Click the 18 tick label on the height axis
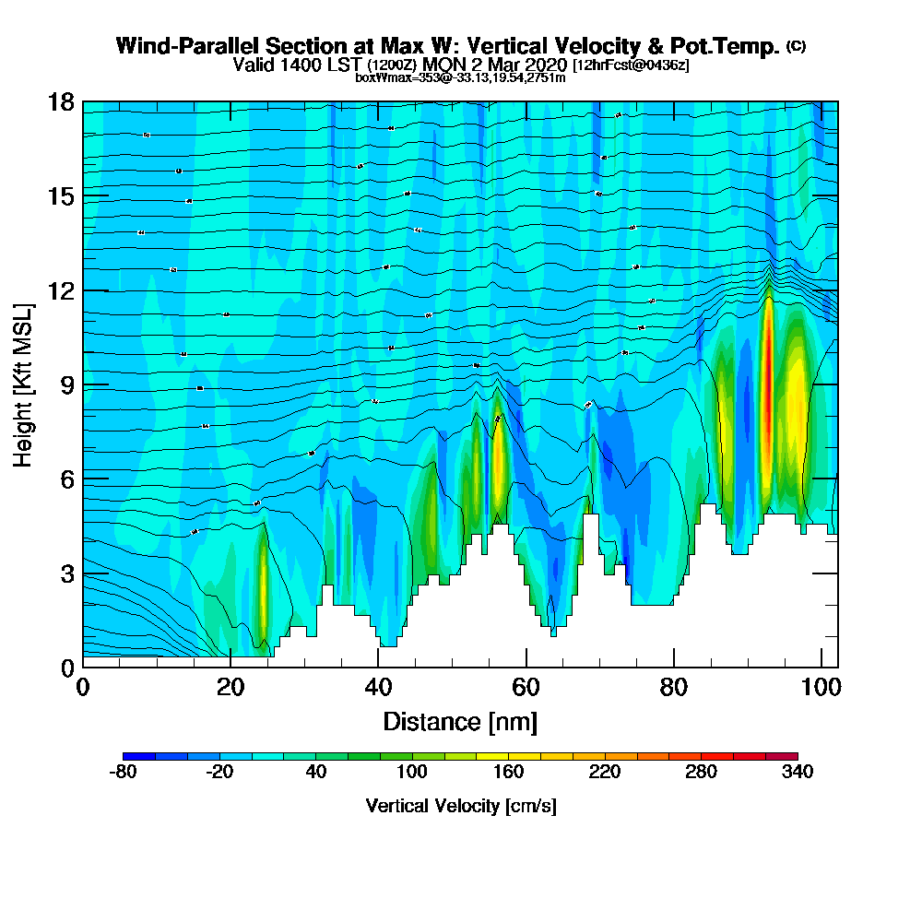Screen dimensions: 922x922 [x=62, y=101]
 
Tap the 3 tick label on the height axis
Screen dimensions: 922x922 [x=67, y=573]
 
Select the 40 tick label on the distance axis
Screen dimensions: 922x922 [x=378, y=688]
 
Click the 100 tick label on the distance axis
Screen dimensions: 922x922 [x=822, y=688]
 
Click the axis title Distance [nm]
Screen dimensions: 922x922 [x=460, y=721]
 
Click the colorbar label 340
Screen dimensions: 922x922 [x=797, y=773]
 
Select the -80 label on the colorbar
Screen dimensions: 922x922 [x=123, y=773]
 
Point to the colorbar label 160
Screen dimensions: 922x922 [x=508, y=773]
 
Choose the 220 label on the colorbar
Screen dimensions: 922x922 [x=604, y=773]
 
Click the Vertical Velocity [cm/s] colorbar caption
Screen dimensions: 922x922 [x=460, y=806]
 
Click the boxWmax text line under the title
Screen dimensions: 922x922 [x=460, y=77]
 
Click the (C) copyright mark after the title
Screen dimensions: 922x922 [x=796, y=46]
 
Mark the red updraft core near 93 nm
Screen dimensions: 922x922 [x=766, y=387]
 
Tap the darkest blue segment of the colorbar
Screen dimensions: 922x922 [x=139, y=756]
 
